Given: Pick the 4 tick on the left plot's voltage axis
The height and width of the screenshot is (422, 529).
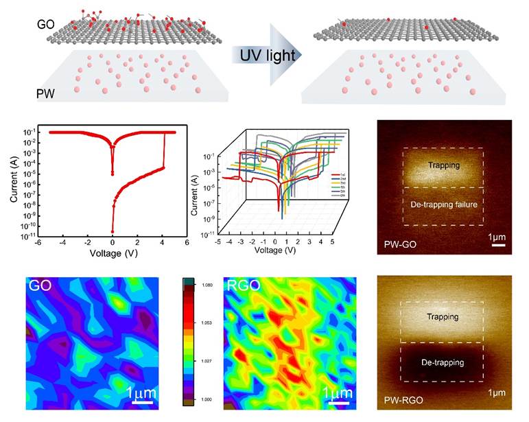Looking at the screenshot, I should coord(163,242).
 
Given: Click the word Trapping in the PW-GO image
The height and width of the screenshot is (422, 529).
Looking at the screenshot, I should coord(443,165).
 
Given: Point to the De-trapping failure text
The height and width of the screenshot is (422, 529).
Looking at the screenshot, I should coord(443,204).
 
